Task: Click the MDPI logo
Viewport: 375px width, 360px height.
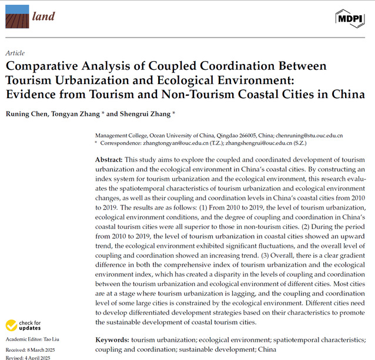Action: click(350, 18)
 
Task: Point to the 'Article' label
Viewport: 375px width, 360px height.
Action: click(14, 53)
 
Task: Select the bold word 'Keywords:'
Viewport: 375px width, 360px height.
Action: click(112, 339)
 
